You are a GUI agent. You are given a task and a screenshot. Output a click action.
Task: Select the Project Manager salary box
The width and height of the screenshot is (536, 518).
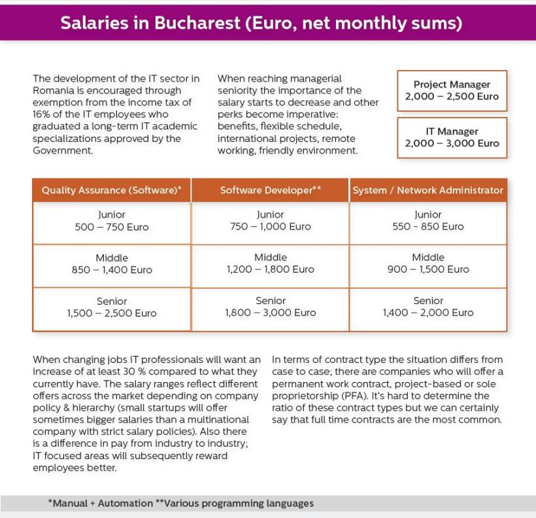click(x=452, y=90)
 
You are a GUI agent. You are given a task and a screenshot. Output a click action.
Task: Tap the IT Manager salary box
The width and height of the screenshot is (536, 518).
click(x=452, y=137)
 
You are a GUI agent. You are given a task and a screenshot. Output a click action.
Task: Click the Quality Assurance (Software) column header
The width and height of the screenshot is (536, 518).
click(x=111, y=190)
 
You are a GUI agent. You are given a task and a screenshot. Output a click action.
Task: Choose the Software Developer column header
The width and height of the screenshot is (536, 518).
click(x=270, y=190)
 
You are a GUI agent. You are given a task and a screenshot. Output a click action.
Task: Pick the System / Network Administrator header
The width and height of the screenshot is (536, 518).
click(x=428, y=190)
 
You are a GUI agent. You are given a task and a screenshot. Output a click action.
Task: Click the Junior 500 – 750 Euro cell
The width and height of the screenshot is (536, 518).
click(x=111, y=221)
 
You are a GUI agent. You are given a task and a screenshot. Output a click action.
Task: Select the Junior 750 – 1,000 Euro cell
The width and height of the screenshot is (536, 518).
click(x=270, y=221)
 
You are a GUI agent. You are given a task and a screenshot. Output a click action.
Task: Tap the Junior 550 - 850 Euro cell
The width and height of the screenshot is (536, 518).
click(x=428, y=221)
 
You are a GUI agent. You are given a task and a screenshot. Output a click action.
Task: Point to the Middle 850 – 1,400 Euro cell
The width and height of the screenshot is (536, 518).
click(x=111, y=264)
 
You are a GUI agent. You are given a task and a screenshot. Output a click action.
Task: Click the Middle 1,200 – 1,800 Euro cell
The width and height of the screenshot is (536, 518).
click(x=270, y=264)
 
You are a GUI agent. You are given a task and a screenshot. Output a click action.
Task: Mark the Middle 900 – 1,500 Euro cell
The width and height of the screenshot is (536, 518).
click(x=428, y=264)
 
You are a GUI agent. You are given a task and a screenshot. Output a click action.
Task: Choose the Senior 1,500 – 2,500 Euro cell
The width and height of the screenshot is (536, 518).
click(x=111, y=307)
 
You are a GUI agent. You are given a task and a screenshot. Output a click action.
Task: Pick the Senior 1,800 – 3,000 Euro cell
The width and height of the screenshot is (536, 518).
click(x=270, y=307)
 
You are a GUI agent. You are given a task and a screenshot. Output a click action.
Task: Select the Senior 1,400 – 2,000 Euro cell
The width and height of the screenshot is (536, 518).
click(x=428, y=307)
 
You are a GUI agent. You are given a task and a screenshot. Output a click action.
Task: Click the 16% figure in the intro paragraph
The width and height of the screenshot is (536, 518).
click(x=43, y=114)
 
